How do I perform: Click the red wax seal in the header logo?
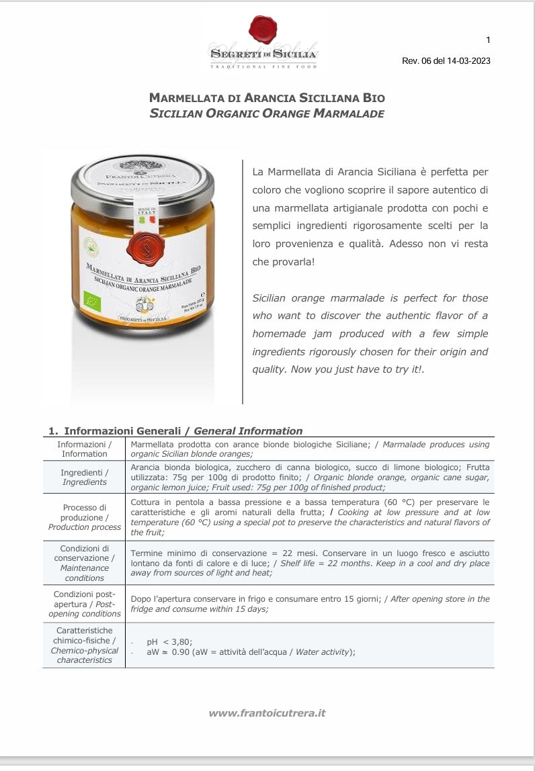tap(263, 30)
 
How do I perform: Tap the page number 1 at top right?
tap(488, 40)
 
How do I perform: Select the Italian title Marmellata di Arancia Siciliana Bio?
tap(267, 98)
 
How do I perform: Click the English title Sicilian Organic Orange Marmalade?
tap(267, 114)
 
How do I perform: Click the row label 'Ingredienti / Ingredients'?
tap(85, 477)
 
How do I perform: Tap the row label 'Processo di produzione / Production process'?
tap(85, 517)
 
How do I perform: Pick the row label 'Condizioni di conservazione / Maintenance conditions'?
tap(85, 563)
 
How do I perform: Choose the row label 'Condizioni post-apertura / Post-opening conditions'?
tap(85, 604)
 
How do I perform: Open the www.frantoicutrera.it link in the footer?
tap(267, 713)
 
